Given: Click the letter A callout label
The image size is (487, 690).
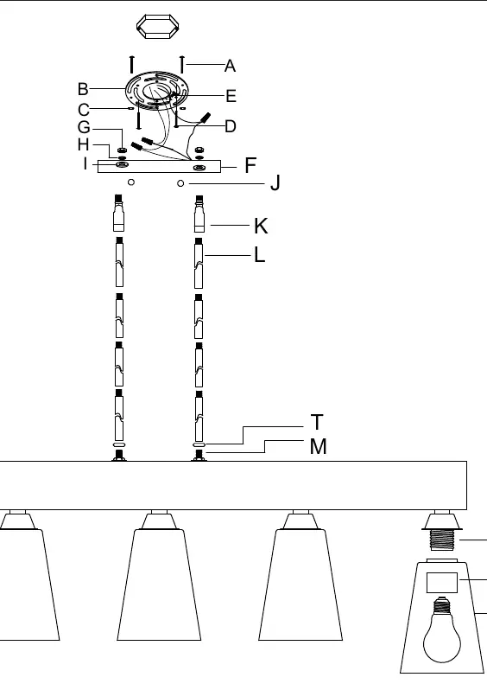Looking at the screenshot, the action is coord(230,66).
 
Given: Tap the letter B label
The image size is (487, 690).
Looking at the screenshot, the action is coord(83,89).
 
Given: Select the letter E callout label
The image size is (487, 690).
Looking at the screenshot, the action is coord(231,96).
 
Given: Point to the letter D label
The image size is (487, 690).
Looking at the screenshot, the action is coord(231,126).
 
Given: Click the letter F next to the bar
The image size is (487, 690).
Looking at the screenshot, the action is coord(250,165).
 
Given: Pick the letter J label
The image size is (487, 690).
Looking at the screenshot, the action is coord(275,182).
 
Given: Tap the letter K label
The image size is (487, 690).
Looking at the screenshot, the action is coord(261,226).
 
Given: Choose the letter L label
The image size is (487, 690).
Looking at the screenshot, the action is coord(259,255).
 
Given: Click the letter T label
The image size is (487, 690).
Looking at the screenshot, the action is coord(316,422).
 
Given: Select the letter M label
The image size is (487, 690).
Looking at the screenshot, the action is coord(319,446).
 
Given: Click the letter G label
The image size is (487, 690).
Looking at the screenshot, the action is coord(84,127).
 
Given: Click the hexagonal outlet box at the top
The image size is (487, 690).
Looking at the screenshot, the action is coord(158,27).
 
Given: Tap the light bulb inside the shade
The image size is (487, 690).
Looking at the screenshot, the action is coord(442,629).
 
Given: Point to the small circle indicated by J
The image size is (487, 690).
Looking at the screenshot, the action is coord(180,183).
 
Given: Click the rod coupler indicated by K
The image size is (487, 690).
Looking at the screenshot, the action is coord(199,214).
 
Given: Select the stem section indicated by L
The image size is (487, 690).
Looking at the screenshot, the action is coord(199,263).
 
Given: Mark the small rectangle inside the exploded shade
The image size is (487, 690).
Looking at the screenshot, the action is coord(442,583).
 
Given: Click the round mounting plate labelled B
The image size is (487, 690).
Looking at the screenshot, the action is coord(156,90).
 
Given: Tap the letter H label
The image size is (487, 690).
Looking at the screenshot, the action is coord(83,144).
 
